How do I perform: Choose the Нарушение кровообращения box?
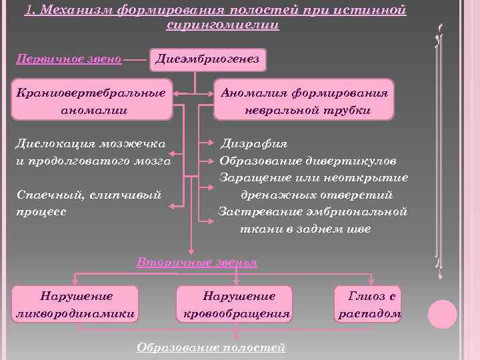click(x=234, y=305)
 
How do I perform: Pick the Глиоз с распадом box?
click(x=369, y=305)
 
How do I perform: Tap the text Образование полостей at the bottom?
click(x=211, y=347)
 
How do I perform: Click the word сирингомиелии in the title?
click(x=223, y=25)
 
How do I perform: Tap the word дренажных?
click(x=281, y=195)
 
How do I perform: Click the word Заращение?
click(x=253, y=178)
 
